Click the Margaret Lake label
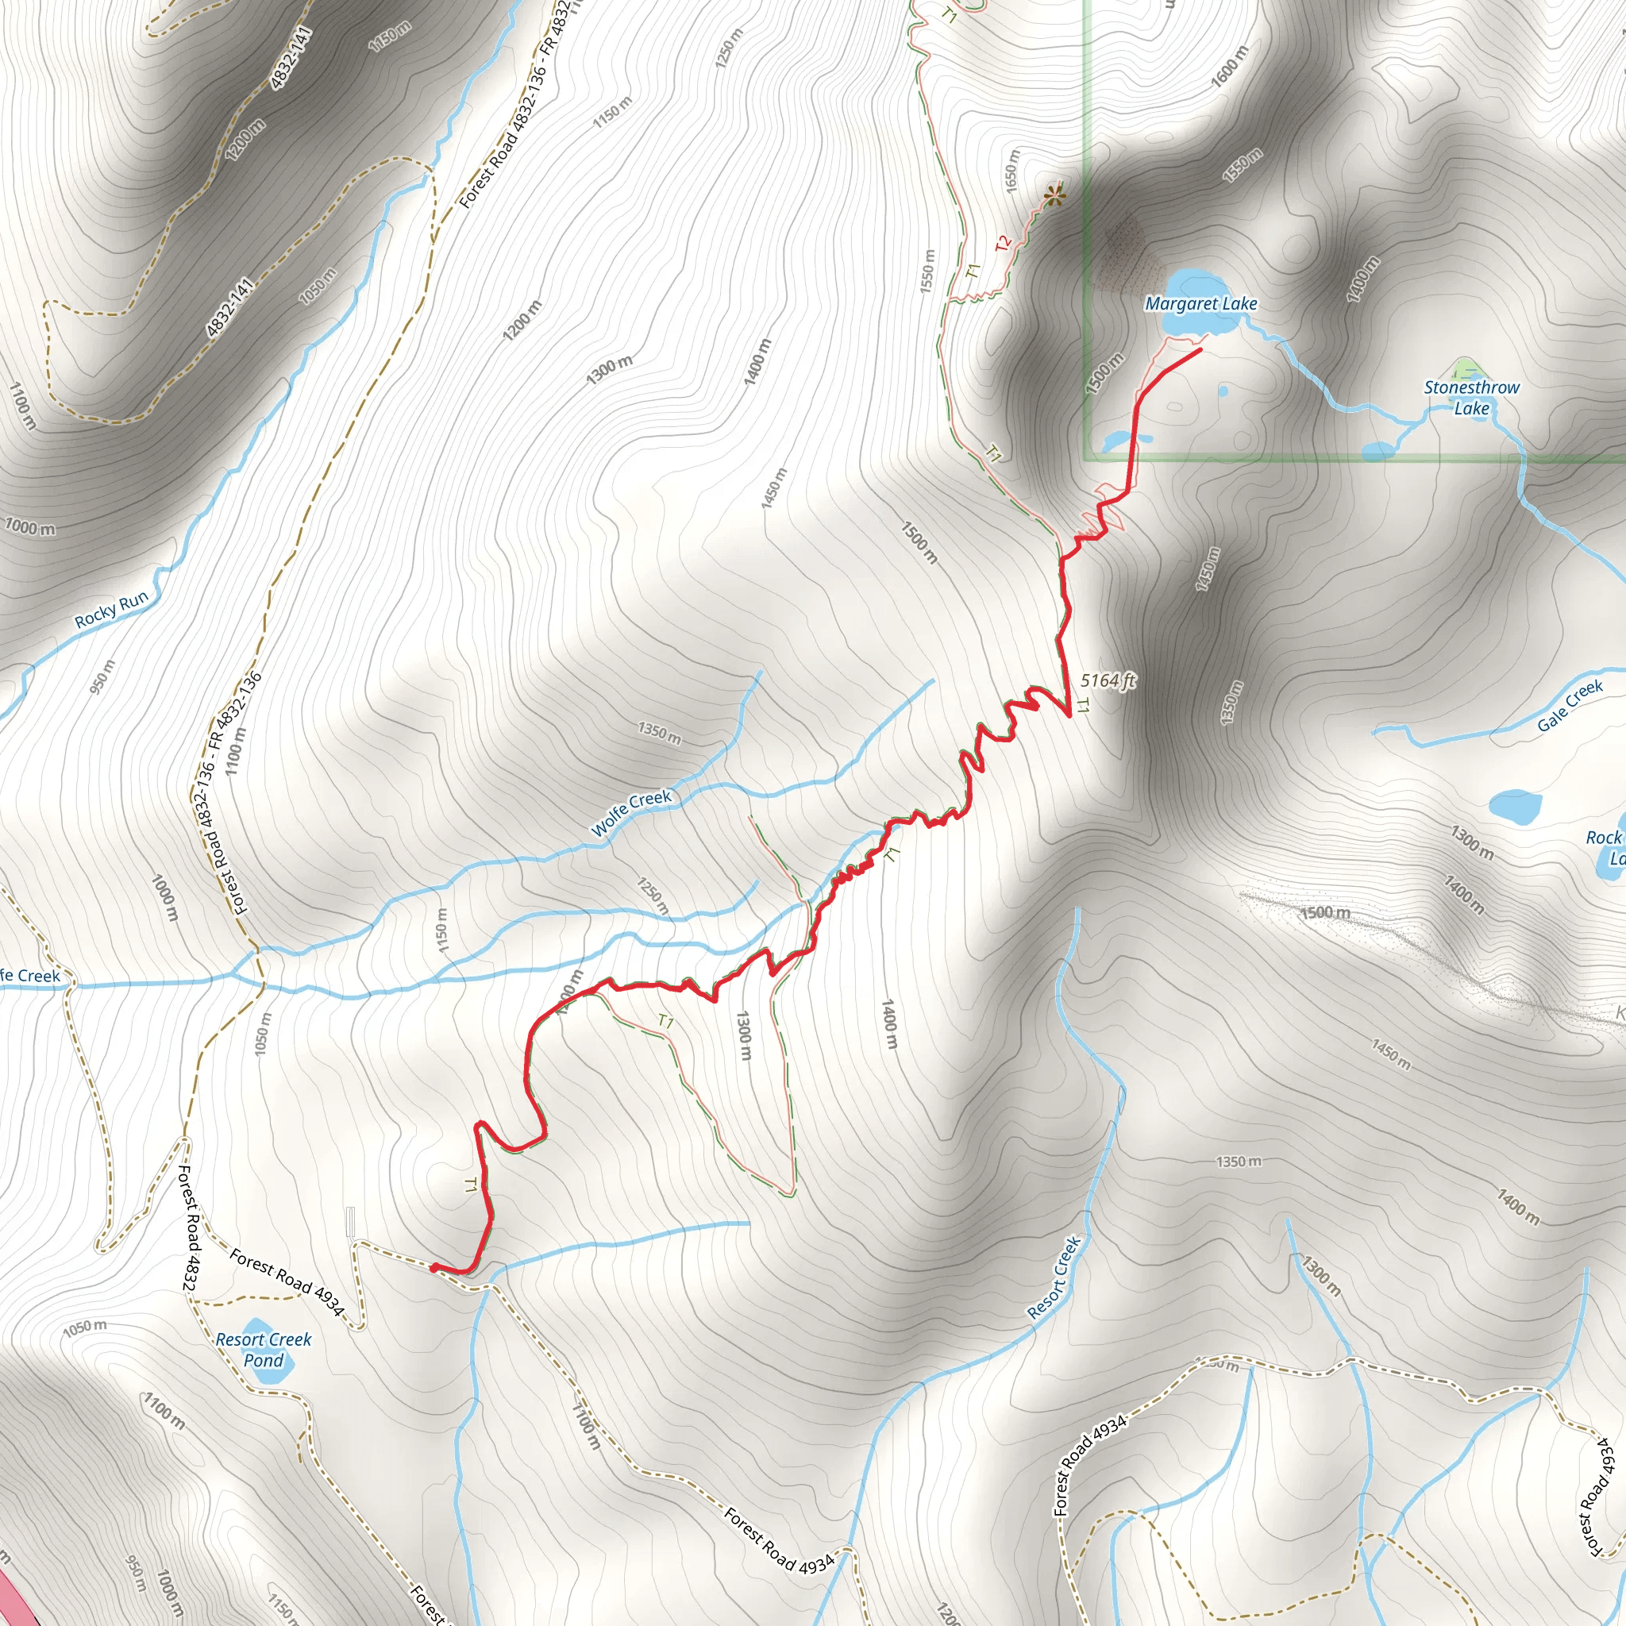click(1200, 304)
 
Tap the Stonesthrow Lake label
click(1471, 397)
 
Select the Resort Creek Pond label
click(264, 1349)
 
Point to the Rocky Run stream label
click(111, 609)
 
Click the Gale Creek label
click(1570, 705)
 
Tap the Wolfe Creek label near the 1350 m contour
click(631, 813)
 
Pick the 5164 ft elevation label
click(1108, 680)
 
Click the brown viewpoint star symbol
click(1054, 197)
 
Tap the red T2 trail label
click(1003, 244)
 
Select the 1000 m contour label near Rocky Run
click(30, 528)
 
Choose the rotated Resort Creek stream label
click(1054, 1277)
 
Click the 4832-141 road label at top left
click(291, 57)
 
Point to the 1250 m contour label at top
click(729, 48)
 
